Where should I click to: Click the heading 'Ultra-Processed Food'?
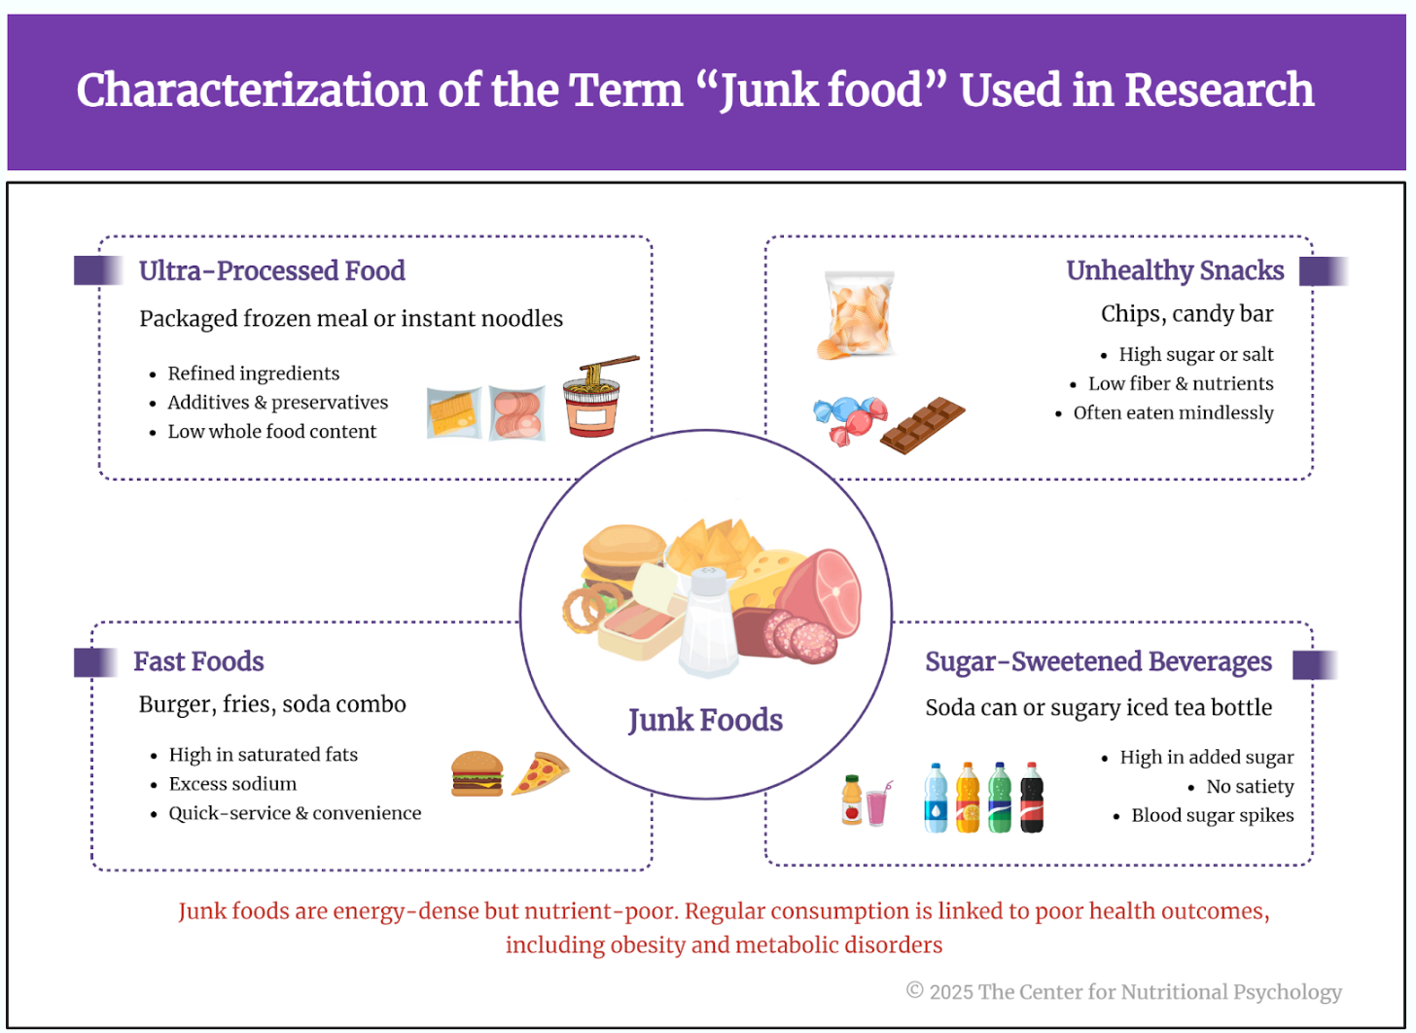click(271, 270)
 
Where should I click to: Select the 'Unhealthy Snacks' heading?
click(1175, 270)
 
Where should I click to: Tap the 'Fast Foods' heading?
click(198, 661)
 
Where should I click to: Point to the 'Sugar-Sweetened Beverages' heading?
click(1098, 661)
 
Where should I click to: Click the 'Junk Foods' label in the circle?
click(705, 720)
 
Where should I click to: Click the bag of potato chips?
click(857, 315)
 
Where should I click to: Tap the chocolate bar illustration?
click(922, 424)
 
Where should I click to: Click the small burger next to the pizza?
click(477, 774)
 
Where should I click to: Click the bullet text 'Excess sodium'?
click(232, 784)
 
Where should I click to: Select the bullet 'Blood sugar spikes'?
click(1212, 815)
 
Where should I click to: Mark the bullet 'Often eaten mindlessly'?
click(1173, 412)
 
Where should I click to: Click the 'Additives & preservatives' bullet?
click(277, 403)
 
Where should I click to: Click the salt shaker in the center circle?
click(708, 623)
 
